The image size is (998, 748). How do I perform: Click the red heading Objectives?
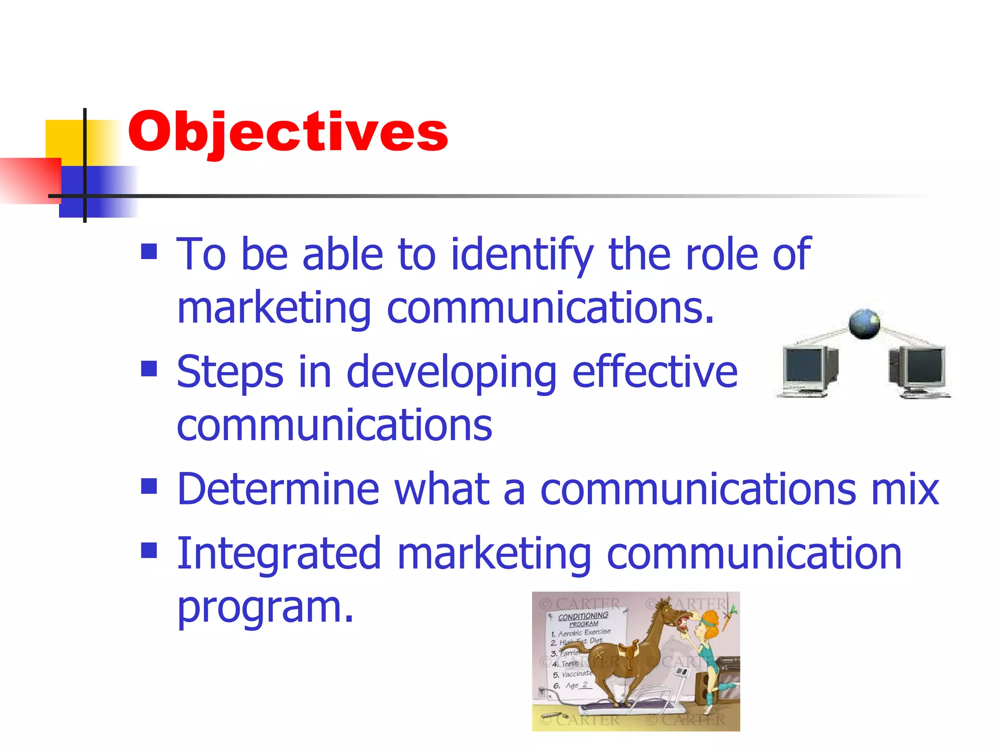coord(288,131)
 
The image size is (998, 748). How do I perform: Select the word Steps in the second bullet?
coord(230,373)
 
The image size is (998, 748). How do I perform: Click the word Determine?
coord(278,489)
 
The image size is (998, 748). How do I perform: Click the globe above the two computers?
coord(864,324)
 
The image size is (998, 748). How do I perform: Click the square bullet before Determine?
coord(149,486)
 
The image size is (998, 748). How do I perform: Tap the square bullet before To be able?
coord(149,251)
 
